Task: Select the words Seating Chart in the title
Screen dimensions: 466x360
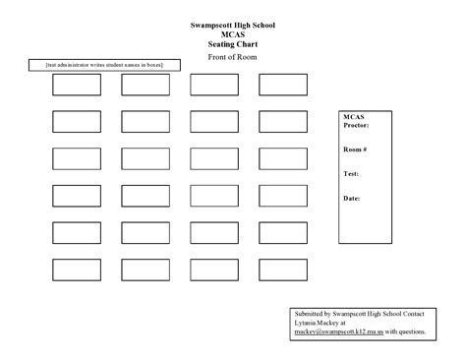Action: [233, 45]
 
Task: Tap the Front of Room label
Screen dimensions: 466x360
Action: [233, 58]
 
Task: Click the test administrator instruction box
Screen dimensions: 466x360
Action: [103, 65]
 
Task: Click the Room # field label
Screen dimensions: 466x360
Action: [355, 149]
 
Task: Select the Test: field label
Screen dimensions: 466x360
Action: [351, 173]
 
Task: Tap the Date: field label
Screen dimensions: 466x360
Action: [352, 198]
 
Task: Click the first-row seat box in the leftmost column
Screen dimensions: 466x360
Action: [77, 86]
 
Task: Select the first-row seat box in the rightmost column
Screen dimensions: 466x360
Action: [283, 86]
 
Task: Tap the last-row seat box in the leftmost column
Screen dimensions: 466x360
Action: [77, 269]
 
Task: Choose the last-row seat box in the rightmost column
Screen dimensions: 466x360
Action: [283, 269]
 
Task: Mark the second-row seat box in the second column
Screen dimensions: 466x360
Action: [146, 122]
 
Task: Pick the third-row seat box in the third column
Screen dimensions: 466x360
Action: [214, 158]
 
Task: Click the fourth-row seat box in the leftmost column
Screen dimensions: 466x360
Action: [77, 196]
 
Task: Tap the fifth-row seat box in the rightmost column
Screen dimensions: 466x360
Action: [283, 232]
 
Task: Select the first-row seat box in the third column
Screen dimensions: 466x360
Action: [214, 86]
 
